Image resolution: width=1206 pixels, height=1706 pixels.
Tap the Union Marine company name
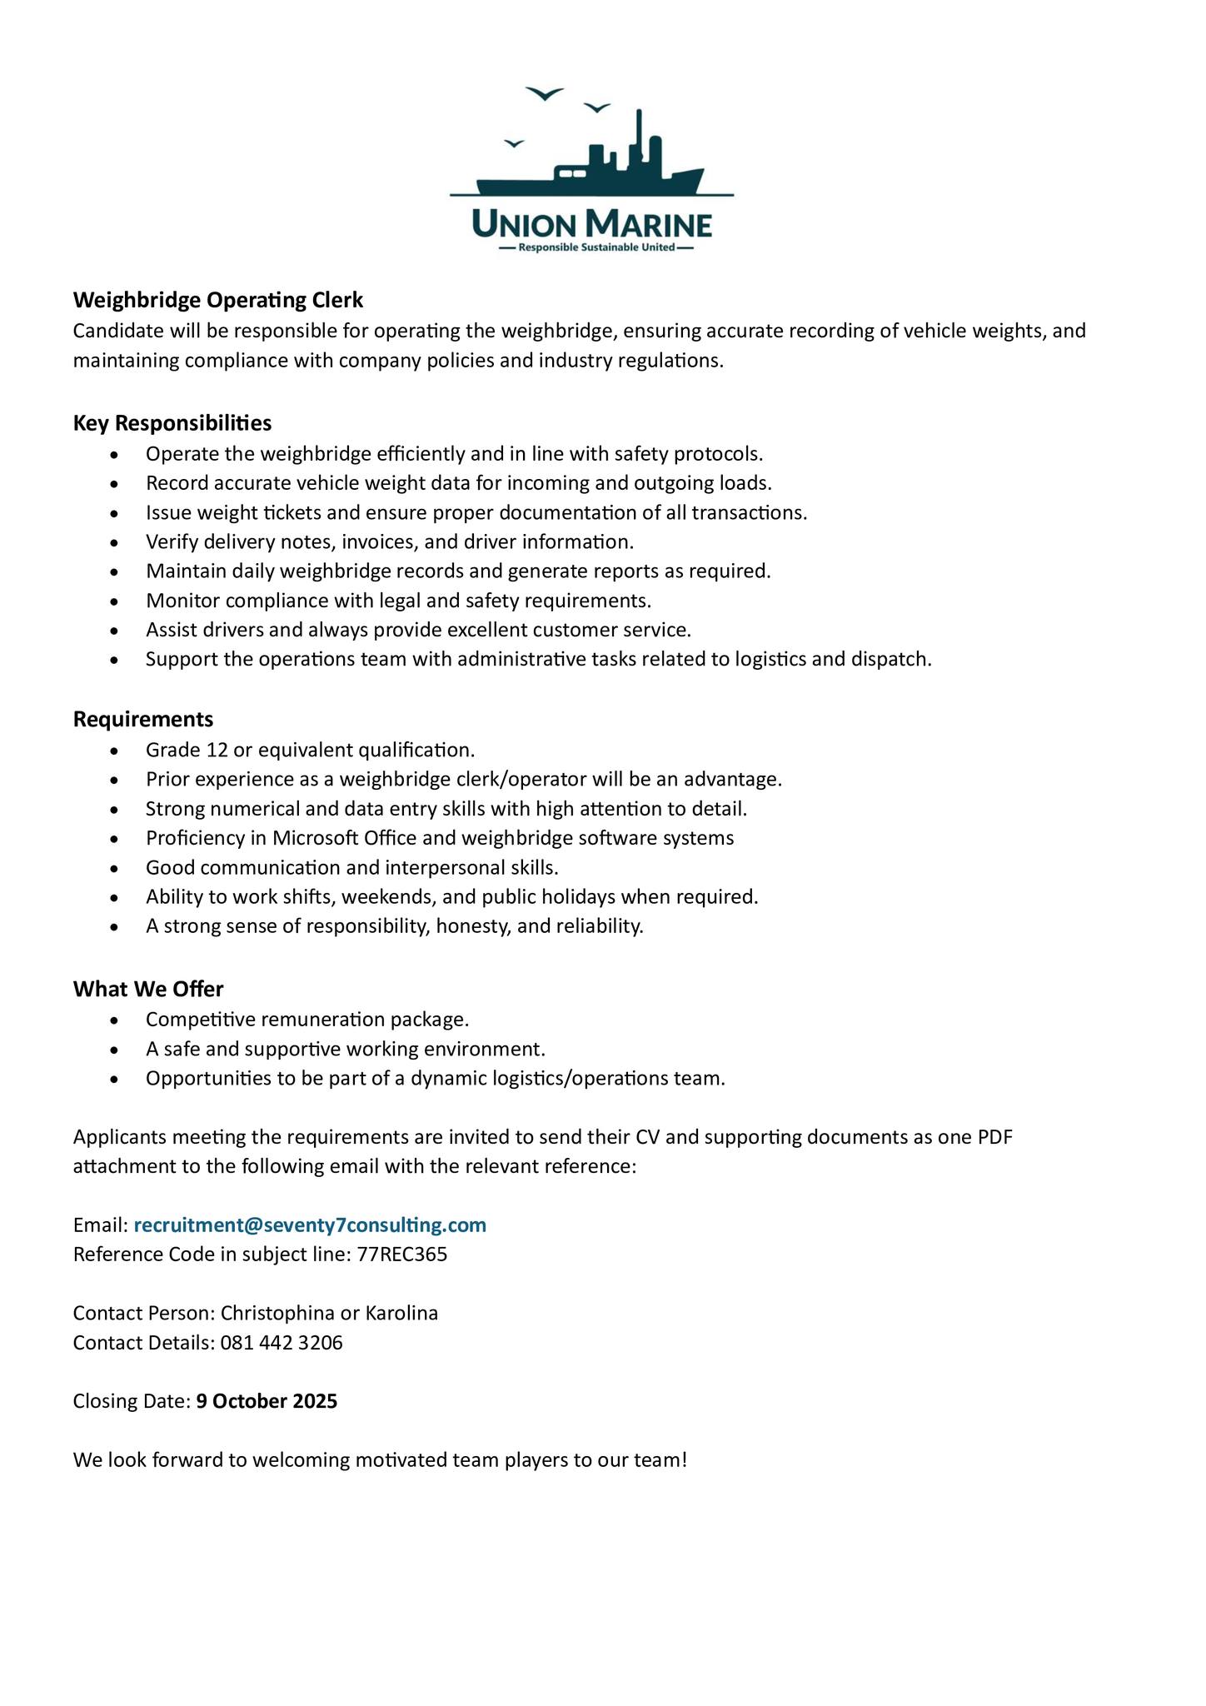pos(591,223)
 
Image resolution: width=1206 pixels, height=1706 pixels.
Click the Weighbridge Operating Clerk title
pos(218,300)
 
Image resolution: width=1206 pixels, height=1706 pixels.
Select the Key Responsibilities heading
pos(172,423)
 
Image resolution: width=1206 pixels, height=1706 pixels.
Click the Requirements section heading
pos(143,719)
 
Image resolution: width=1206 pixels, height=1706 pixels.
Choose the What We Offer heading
pos(148,989)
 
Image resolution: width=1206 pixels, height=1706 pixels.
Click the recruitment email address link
pos(310,1225)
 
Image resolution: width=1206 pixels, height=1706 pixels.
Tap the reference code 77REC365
pos(402,1254)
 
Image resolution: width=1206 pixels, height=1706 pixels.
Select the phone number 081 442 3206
pos(282,1342)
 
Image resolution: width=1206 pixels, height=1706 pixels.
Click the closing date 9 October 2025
pos(267,1401)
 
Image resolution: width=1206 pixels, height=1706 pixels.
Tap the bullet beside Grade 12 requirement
pos(115,751)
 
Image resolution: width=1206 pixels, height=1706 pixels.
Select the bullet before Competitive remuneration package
pos(115,1020)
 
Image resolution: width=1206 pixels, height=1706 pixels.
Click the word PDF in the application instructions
pos(995,1137)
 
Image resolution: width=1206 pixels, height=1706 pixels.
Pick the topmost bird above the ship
pos(545,93)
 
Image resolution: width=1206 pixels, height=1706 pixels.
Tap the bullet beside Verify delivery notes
pos(115,543)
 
